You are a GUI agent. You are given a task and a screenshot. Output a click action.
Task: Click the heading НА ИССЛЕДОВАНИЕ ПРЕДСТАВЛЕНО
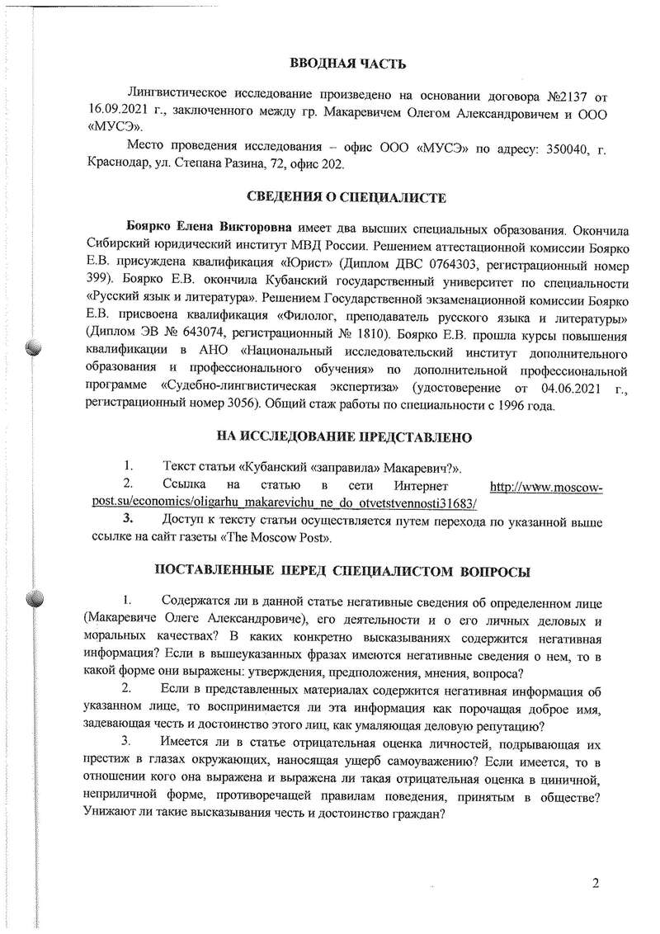[x=346, y=436]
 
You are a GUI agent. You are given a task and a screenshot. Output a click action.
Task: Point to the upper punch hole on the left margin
[x=33, y=347]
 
